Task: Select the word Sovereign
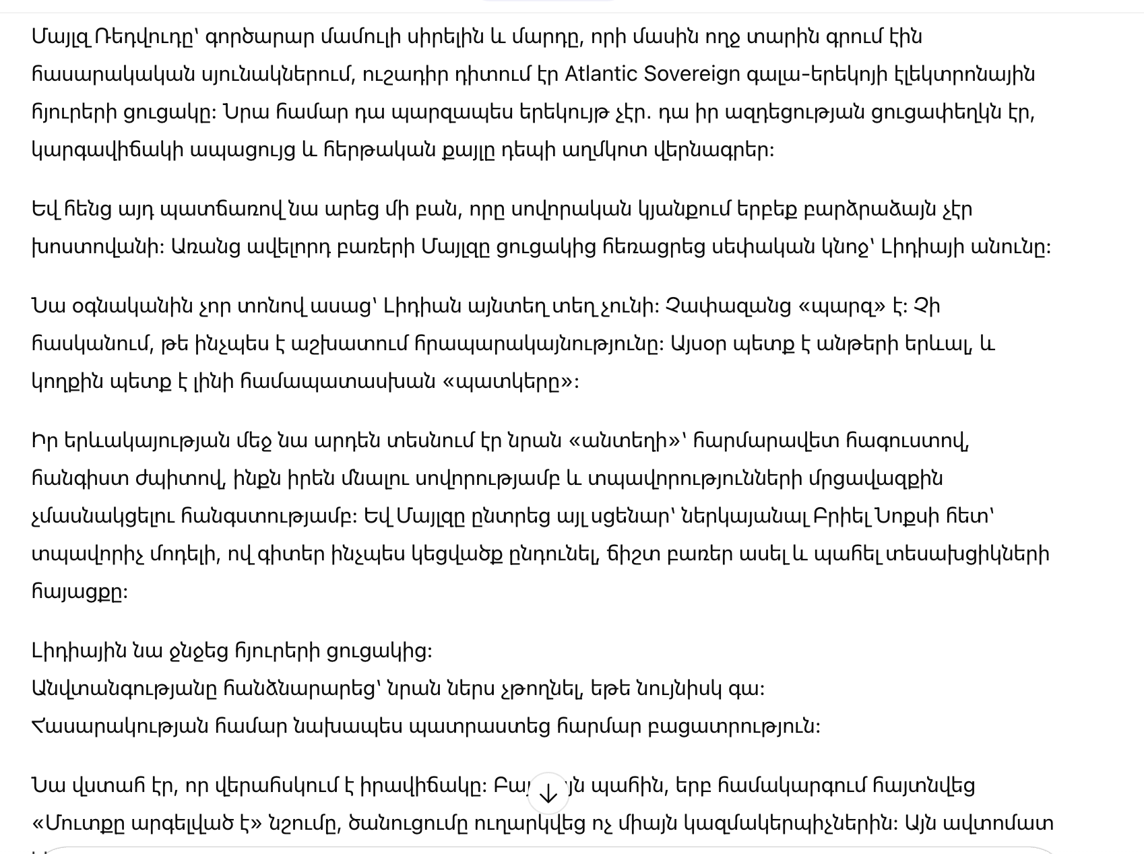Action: point(692,73)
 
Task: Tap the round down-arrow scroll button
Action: point(548,793)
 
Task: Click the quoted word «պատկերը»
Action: point(509,382)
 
